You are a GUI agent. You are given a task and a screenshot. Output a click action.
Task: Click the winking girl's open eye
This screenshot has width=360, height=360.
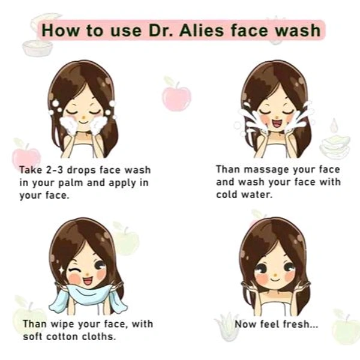click(100, 264)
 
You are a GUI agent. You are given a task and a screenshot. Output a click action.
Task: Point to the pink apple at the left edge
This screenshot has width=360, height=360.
click(25, 155)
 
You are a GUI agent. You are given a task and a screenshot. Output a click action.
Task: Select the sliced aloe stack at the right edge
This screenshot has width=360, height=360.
click(335, 144)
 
